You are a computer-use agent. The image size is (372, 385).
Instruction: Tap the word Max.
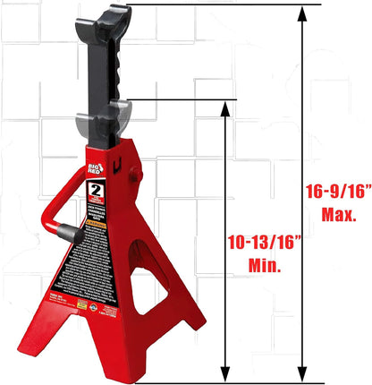click(339, 215)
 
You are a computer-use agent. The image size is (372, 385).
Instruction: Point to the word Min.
click(265, 266)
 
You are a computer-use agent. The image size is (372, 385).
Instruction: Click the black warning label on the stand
click(92, 260)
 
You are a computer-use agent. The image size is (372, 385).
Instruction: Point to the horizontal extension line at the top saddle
click(224, 5)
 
